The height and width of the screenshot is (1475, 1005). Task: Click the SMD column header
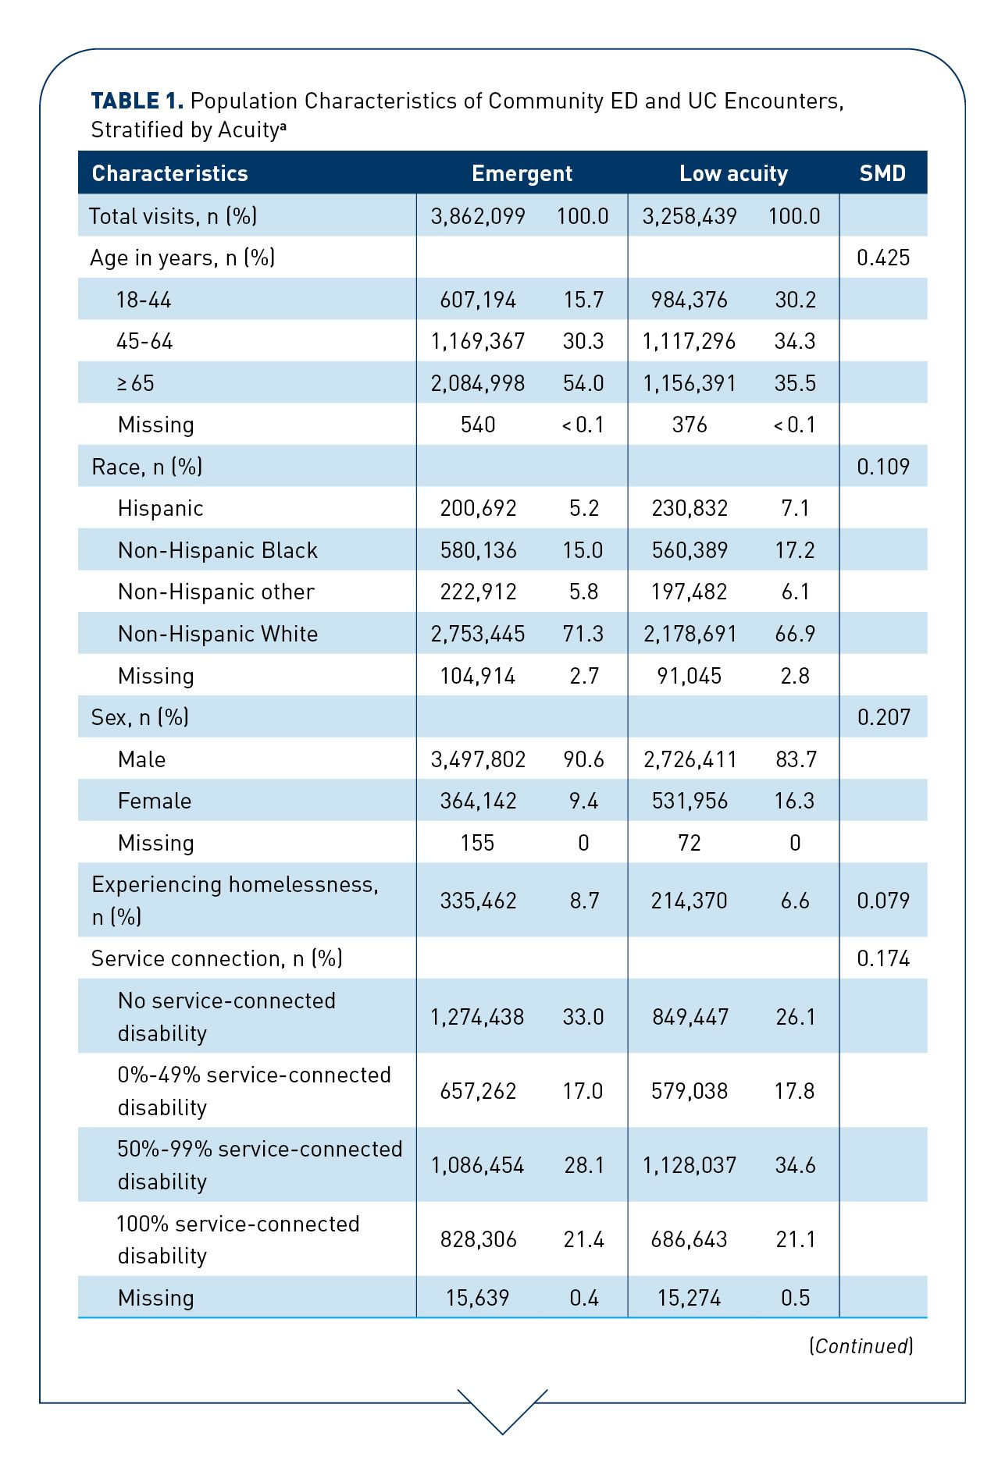pos(882,173)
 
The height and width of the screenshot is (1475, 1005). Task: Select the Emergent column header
pos(522,173)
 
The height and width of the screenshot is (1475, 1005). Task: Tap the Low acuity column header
pos(733,173)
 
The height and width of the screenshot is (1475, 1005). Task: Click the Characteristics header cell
pos(169,173)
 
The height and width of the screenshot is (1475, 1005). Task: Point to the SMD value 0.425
pos(883,258)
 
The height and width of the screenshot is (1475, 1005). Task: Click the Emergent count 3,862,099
pos(478,216)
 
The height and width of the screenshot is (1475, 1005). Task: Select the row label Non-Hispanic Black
pos(218,550)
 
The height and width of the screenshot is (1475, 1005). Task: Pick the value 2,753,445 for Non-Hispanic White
pos(478,634)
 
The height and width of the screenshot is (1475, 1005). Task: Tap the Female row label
pos(155,801)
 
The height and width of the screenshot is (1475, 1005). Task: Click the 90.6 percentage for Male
pos(583,759)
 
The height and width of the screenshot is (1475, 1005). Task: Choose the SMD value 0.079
pos(883,901)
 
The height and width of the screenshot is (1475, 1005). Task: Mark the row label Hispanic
pos(160,509)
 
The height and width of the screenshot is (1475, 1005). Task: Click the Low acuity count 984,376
pos(690,300)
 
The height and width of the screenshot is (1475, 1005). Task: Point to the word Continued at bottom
pos(861,1345)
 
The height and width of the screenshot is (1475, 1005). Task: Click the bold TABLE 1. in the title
pos(137,101)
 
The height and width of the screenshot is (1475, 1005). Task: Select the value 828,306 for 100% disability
pos(478,1239)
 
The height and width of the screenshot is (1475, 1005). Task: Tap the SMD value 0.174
pos(883,958)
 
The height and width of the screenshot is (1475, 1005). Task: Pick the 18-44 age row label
pos(144,300)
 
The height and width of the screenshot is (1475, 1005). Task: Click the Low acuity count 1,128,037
pos(690,1165)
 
